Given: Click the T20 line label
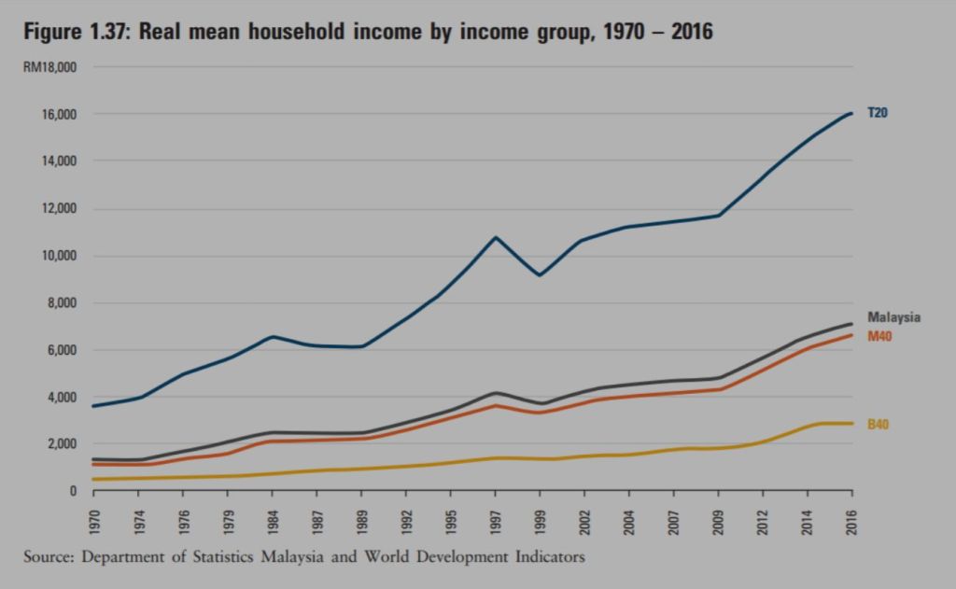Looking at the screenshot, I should click(x=878, y=113).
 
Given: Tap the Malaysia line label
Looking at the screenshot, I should click(x=893, y=317).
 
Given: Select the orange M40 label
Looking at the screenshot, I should click(x=880, y=336).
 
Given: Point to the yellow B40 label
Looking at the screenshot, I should click(x=879, y=425).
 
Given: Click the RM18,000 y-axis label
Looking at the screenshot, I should click(x=49, y=67).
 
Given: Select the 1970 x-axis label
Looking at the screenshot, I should click(x=94, y=520).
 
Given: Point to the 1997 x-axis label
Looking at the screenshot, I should click(x=495, y=520).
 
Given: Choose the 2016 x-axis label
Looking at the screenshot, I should click(x=851, y=520).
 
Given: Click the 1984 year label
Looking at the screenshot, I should click(x=273, y=520).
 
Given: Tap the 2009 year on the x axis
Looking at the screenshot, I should click(x=718, y=520).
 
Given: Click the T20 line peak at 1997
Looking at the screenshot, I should click(x=496, y=237).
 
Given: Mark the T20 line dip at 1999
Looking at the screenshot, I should click(x=540, y=275).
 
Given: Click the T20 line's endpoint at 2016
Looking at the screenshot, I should click(x=851, y=113).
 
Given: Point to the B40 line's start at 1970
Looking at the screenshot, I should click(x=94, y=480).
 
